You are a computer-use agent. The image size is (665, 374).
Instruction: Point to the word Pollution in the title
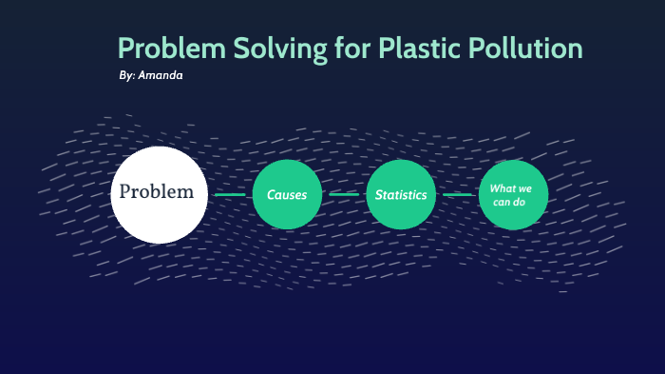[x=528, y=49]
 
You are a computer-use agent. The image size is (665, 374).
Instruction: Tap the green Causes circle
[x=288, y=195]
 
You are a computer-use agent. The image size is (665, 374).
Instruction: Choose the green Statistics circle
[x=401, y=195]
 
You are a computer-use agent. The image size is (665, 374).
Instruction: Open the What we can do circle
[x=514, y=195]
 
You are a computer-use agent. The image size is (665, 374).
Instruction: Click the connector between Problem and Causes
[x=230, y=195]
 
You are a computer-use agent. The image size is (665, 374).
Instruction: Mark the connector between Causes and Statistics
[x=344, y=195]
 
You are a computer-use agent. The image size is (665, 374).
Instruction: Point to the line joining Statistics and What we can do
[x=458, y=195]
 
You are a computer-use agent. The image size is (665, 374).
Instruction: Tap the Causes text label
[x=287, y=195]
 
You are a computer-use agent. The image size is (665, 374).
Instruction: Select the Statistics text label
[x=401, y=195]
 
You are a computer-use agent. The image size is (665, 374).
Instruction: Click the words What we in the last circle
[x=511, y=188]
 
